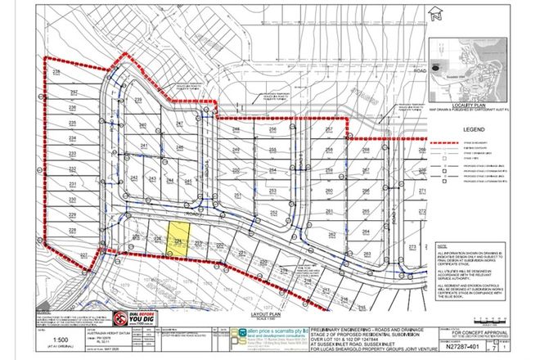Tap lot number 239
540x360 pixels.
pos(139,100)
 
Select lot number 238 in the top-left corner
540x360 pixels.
pos(56,73)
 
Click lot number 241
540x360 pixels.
pos(145,146)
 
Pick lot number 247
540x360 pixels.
pos(180,124)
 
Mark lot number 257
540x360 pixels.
pos(329,129)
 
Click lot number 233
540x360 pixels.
pos(72,154)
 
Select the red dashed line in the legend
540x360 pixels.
pos(443,142)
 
